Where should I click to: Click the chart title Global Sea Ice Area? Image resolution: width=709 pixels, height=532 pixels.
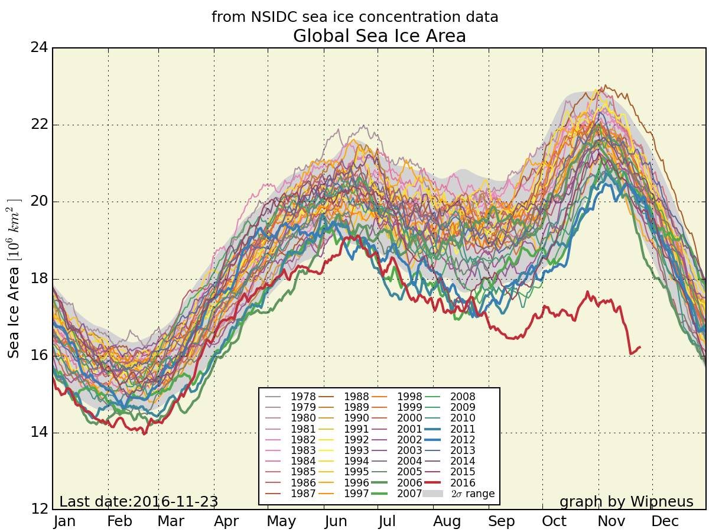pyautogui.click(x=379, y=37)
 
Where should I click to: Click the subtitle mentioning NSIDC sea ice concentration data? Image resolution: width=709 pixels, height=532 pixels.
pyautogui.click(x=354, y=18)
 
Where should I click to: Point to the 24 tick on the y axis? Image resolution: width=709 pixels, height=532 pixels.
pyautogui.click(x=39, y=47)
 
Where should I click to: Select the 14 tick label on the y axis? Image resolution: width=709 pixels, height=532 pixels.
pyautogui.click(x=39, y=433)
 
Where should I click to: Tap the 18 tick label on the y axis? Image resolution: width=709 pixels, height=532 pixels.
pyautogui.click(x=39, y=279)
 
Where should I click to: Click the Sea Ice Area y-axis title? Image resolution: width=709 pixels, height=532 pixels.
pyautogui.click(x=14, y=278)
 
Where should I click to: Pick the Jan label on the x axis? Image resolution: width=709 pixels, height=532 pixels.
pyautogui.click(x=64, y=521)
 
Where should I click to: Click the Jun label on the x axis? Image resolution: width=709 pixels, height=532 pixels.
pyautogui.click(x=336, y=521)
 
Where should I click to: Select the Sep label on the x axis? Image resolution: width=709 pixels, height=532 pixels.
pyautogui.click(x=501, y=521)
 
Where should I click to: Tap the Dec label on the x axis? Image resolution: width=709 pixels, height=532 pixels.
pyautogui.click(x=665, y=521)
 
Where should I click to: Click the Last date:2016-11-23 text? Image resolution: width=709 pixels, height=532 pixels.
pyautogui.click(x=139, y=502)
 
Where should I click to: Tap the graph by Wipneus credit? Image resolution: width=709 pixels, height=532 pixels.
pyautogui.click(x=626, y=502)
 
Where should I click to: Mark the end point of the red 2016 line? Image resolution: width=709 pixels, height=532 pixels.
pyautogui.click(x=640, y=347)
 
